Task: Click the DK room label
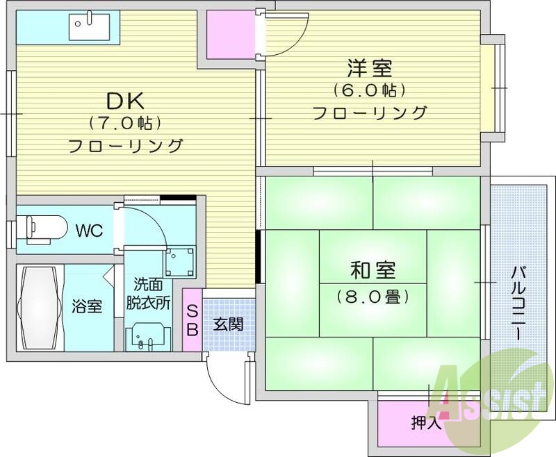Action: click(125, 101)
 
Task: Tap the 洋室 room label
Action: click(370, 69)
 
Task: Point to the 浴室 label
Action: click(88, 306)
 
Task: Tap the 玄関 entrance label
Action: click(228, 324)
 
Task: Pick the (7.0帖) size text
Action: click(125, 124)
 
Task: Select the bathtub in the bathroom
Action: click(40, 307)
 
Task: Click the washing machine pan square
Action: click(177, 262)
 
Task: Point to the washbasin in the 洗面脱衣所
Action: click(147, 336)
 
